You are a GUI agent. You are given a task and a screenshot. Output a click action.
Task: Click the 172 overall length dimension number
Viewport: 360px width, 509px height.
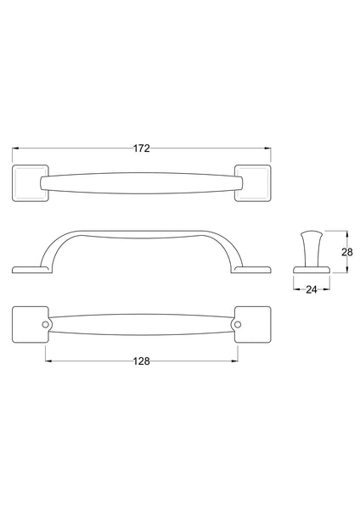point(142,148)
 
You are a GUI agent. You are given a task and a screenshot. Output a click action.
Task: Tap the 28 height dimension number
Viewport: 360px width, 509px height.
point(346,252)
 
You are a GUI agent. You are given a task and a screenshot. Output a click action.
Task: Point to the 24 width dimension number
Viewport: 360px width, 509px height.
point(311,288)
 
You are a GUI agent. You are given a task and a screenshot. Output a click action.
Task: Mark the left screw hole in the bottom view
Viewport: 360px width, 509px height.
point(47,325)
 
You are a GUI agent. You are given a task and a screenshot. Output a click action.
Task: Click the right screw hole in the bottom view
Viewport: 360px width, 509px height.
point(238,325)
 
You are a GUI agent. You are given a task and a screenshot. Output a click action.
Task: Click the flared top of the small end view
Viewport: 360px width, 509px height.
point(311,234)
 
